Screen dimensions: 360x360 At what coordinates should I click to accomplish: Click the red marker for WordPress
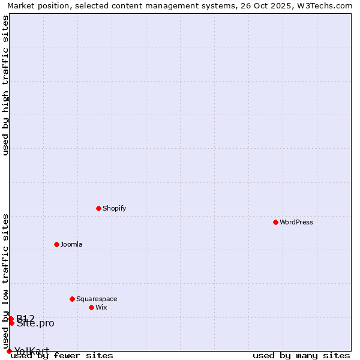[275, 222]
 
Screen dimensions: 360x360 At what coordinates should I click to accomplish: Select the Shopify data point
[98, 208]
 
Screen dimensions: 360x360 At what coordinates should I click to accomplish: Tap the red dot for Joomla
[56, 244]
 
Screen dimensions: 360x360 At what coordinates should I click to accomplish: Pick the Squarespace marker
[72, 299]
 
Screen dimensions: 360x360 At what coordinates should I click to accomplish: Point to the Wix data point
[91, 307]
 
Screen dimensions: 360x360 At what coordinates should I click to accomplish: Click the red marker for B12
[11, 319]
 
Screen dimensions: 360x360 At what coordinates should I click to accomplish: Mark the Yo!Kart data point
[9, 351]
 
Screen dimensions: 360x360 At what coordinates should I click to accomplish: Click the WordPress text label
[296, 222]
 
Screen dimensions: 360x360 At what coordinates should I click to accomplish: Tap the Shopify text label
[114, 208]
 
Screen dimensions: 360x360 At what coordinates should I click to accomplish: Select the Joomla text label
[71, 244]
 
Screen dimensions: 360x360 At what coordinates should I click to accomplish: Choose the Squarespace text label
[97, 299]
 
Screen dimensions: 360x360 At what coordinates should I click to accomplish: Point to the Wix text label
[101, 307]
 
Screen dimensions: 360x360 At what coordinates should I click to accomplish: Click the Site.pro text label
[35, 323]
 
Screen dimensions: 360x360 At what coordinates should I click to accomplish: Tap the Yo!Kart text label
[32, 351]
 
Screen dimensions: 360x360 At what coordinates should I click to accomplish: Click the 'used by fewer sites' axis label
[62, 356]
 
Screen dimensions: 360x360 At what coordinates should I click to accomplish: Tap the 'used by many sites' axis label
[301, 356]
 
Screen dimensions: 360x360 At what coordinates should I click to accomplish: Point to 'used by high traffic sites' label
[6, 85]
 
